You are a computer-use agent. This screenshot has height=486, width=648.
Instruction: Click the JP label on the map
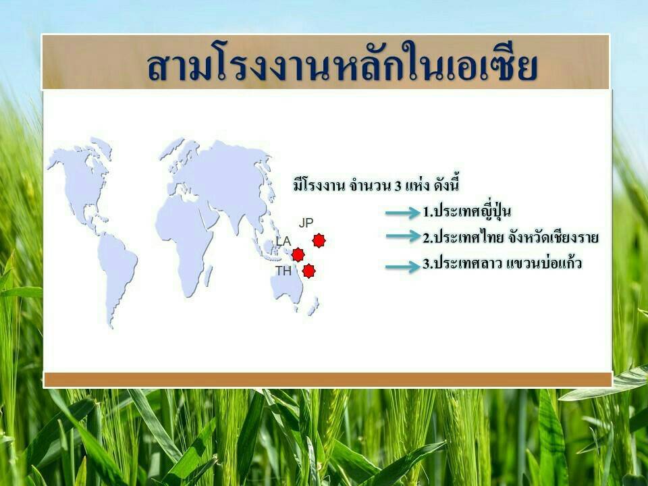306,223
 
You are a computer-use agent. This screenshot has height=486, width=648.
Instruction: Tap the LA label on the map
283,241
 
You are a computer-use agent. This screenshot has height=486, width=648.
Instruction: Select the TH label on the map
283,271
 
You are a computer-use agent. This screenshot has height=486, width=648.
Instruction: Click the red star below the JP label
319,240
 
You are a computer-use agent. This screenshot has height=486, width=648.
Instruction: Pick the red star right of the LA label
298,254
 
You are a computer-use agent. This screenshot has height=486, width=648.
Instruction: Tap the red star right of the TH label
308,271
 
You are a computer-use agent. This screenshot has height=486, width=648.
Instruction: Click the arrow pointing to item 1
402,213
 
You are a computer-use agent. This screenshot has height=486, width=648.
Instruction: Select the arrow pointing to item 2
402,236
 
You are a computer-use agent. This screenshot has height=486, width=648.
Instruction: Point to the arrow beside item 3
402,267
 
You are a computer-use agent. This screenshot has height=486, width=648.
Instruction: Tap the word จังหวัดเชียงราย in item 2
553,238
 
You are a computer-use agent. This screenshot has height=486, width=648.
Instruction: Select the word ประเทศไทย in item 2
468,238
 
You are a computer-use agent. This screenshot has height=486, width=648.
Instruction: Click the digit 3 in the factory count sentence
398,186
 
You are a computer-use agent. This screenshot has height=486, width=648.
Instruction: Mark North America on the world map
82,182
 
